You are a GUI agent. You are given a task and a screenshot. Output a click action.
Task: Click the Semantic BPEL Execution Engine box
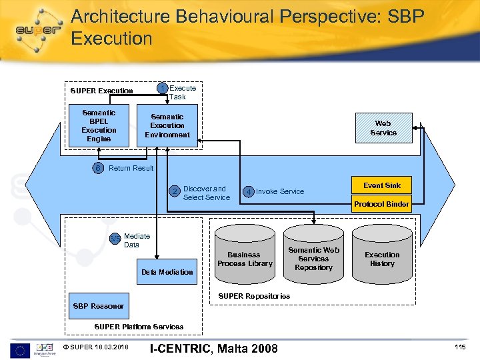point(99,126)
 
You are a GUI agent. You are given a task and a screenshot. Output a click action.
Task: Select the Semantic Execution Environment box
point(167,126)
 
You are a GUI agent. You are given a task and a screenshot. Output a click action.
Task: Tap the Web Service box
point(383,128)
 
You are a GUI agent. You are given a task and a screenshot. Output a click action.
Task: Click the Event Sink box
point(382,185)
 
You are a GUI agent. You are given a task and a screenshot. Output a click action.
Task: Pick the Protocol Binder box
point(382,204)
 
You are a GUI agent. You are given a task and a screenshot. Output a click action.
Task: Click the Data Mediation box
point(167,272)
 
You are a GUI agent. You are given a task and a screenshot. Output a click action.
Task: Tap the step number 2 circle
point(175,192)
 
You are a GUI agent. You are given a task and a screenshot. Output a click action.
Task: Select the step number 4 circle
point(248,192)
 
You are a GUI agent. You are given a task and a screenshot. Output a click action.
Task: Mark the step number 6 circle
point(98,168)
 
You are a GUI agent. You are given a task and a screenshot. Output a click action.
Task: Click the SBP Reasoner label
point(98,306)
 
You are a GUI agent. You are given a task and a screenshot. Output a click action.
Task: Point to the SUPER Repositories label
point(255,296)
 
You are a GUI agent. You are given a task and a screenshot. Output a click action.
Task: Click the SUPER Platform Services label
point(139,327)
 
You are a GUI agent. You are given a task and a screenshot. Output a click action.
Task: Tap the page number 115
point(460,347)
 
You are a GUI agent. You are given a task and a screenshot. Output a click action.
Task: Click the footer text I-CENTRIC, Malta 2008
point(214,348)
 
